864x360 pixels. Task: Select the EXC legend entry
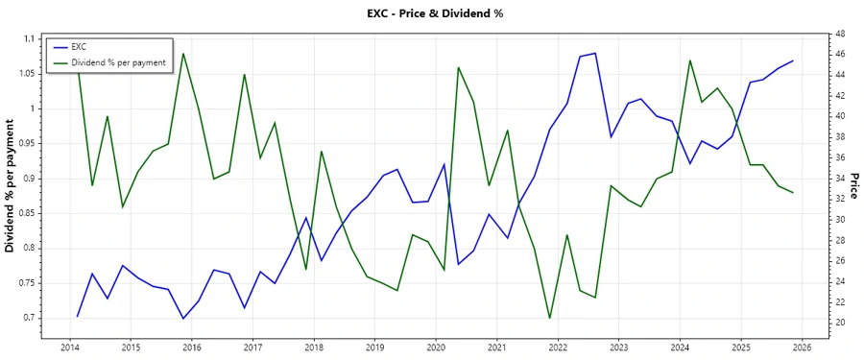[79, 47]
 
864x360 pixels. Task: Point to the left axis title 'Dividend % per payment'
[11, 186]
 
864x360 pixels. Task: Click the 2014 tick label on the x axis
[69, 348]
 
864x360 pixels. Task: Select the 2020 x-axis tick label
[436, 348]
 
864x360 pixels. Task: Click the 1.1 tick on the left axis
[30, 39]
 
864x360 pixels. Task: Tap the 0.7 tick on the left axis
[30, 318]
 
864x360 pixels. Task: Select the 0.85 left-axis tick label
[28, 213]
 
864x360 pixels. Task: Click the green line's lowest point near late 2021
[550, 318]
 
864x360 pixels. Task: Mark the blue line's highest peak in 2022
[595, 53]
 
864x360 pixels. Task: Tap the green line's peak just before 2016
[183, 53]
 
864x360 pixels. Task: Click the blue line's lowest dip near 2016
[183, 318]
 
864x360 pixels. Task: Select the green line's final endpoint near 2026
[793, 193]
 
